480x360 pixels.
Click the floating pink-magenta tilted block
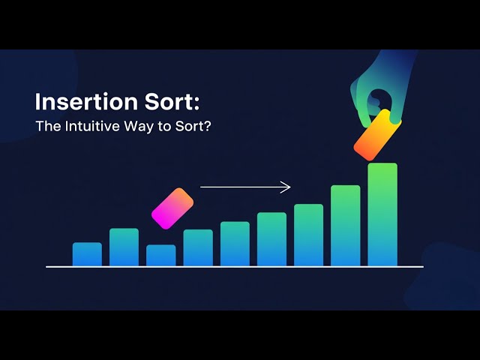[x=172, y=208]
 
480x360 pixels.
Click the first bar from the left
[x=87, y=254]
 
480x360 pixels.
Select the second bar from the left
[x=124, y=247]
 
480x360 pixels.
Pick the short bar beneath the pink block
[x=160, y=256]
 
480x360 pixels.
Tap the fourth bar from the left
[x=198, y=247]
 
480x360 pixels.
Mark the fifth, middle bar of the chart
[x=235, y=244]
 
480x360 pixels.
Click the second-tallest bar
[x=345, y=225]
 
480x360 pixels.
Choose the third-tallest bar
[x=308, y=235]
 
